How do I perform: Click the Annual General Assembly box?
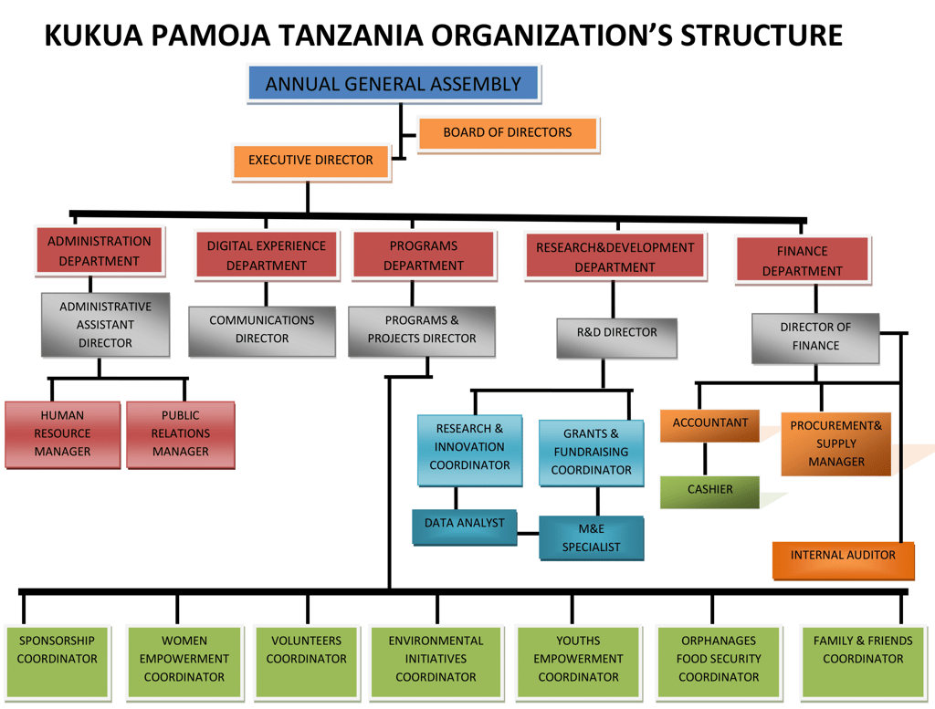coord(393,84)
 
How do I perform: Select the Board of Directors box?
coord(507,133)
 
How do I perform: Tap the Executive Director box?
coord(310,161)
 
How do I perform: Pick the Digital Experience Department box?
coord(266,255)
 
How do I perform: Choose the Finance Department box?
coord(802,261)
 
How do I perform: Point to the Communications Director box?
coord(262,329)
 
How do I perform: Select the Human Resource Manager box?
coord(62,434)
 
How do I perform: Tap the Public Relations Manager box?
coord(180,434)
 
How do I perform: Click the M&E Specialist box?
coord(591,537)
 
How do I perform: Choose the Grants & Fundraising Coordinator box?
coord(591,452)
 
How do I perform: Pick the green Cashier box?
coord(709,490)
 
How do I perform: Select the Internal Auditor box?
coord(843,557)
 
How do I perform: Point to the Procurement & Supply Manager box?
coord(835,443)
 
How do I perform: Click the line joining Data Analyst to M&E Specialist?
coord(528,531)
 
